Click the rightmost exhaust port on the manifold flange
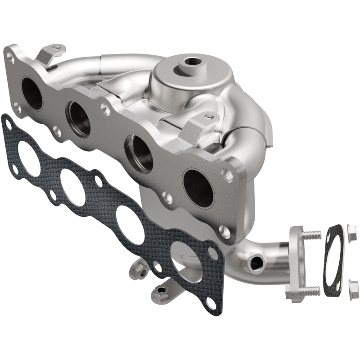pos(198,186)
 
